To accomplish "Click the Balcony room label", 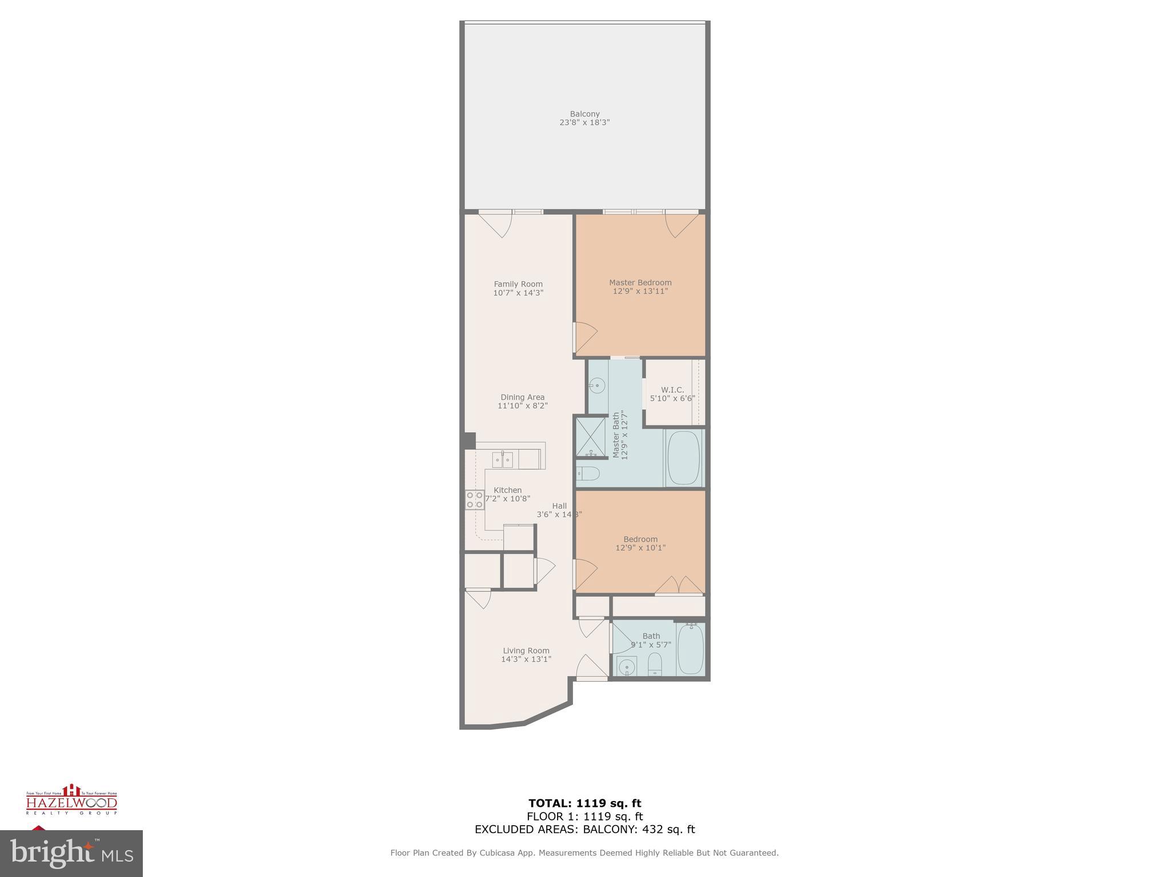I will tap(584, 114).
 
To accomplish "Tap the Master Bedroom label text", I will tap(640, 283).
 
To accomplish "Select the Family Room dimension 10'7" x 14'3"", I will tap(518, 293).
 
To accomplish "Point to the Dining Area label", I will tap(522, 397).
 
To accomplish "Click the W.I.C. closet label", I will tap(672, 390).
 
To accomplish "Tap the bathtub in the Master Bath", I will tap(684, 458).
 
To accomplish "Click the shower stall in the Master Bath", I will tap(590, 437).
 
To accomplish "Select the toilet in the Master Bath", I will tap(588, 473).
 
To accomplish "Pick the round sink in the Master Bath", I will tap(597, 386).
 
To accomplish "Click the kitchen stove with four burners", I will tap(474, 500).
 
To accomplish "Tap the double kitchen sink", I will tap(503, 459).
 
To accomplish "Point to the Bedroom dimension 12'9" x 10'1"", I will tap(640, 548).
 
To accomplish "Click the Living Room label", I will tap(526, 650).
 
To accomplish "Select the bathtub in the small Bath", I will tap(691, 650).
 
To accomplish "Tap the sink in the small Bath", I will tap(627, 666).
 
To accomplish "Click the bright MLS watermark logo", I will tap(71, 854).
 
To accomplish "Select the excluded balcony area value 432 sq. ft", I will tap(668, 830).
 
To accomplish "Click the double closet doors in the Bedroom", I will tap(678, 586).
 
